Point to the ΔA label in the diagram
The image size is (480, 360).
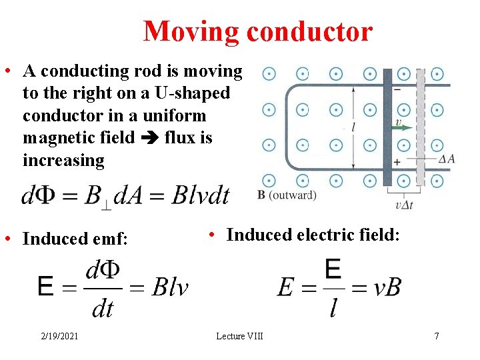[x=447, y=159]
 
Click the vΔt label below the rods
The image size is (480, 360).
[x=403, y=205]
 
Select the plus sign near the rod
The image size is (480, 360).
[x=397, y=162]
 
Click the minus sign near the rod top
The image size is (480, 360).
[x=397, y=89]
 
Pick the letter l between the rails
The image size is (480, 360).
[x=352, y=126]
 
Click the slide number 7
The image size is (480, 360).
[x=437, y=336]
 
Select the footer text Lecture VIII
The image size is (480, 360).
[x=239, y=336]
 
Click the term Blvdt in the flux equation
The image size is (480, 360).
[x=200, y=195]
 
